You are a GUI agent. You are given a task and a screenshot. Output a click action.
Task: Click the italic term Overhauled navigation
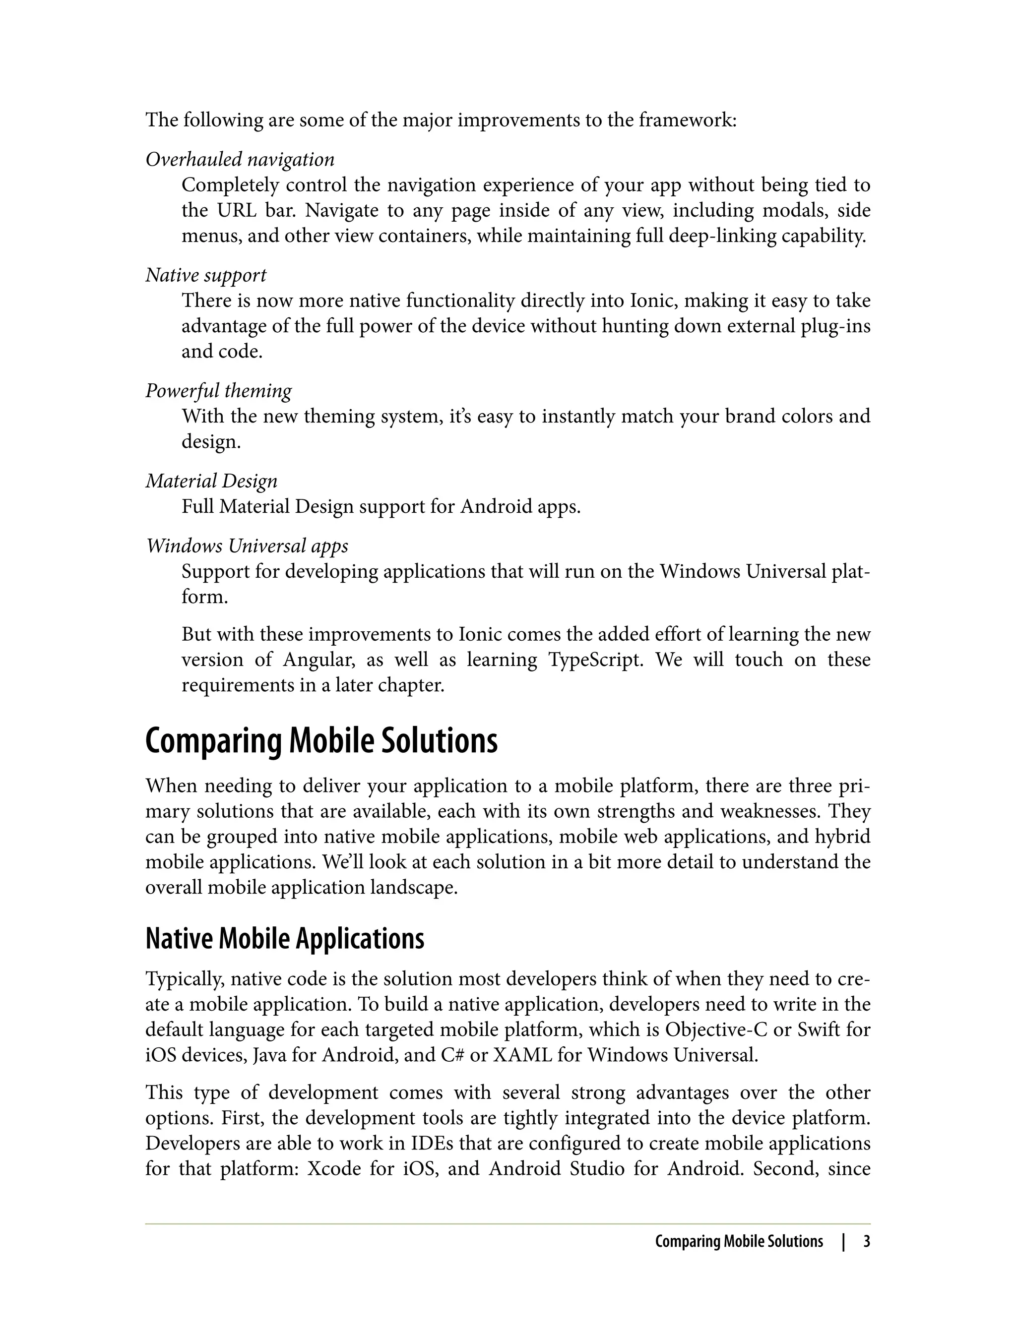click(240, 160)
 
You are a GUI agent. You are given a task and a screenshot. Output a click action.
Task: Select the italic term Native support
click(205, 276)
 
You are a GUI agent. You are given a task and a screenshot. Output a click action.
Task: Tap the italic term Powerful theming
click(218, 391)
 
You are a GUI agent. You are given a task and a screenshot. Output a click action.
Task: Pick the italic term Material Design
click(212, 481)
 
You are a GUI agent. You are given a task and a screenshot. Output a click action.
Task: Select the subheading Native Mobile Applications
click(285, 938)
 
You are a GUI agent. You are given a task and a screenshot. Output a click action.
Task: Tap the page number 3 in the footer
click(866, 1242)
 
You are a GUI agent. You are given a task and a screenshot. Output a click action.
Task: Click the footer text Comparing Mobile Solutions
click(739, 1242)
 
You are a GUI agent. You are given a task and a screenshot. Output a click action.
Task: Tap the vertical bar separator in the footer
click(843, 1242)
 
